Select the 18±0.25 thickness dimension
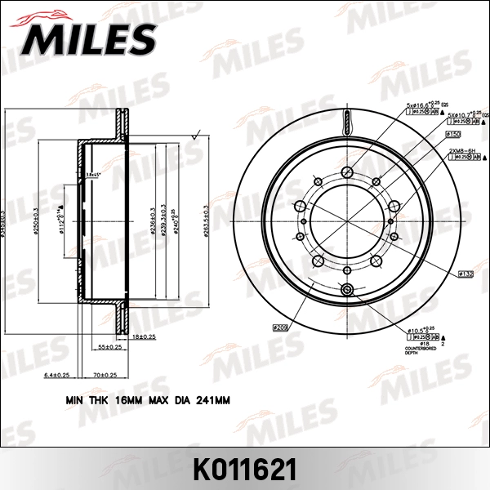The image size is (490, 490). click(x=143, y=336)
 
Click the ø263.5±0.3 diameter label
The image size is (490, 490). click(x=204, y=220)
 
